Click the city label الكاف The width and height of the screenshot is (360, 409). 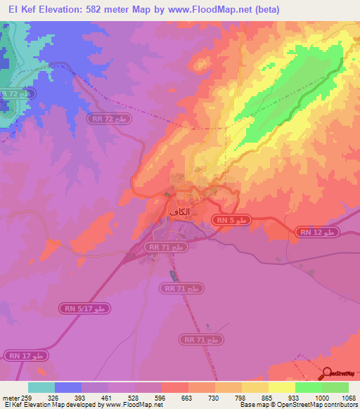coord(180,212)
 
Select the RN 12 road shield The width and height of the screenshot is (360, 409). coord(317,233)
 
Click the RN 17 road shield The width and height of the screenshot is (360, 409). coord(26,356)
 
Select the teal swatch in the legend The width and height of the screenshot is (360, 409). coord(41,387)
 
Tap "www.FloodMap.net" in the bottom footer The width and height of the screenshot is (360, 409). coord(129,405)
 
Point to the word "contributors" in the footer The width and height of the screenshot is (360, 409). coord(341,405)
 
